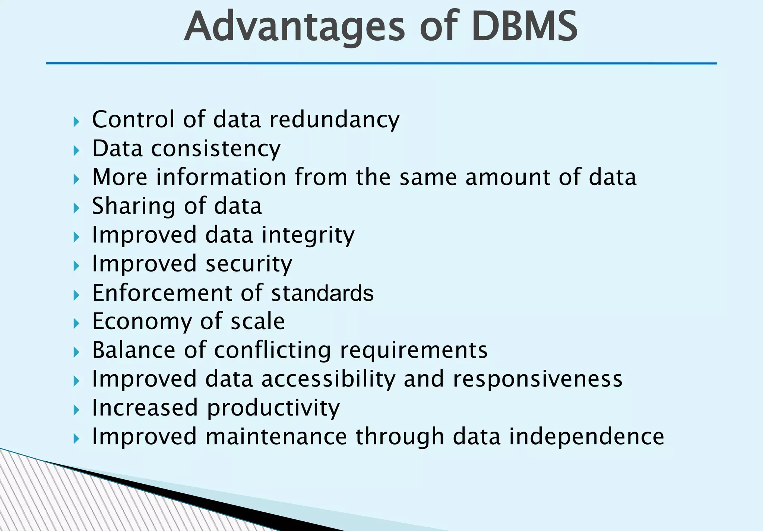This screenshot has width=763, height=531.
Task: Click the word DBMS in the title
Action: click(525, 26)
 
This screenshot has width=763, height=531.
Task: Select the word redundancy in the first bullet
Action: click(334, 120)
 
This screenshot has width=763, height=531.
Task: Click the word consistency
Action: click(216, 149)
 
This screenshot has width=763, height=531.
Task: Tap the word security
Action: click(249, 264)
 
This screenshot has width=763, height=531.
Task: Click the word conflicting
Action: click(272, 350)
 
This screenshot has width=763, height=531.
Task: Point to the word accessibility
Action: click(328, 379)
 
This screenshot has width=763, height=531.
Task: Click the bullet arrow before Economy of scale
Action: click(76, 324)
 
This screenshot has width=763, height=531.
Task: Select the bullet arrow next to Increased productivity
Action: click(76, 410)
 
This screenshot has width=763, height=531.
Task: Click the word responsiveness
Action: click(538, 379)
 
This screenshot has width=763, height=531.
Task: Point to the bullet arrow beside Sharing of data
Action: click(76, 208)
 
